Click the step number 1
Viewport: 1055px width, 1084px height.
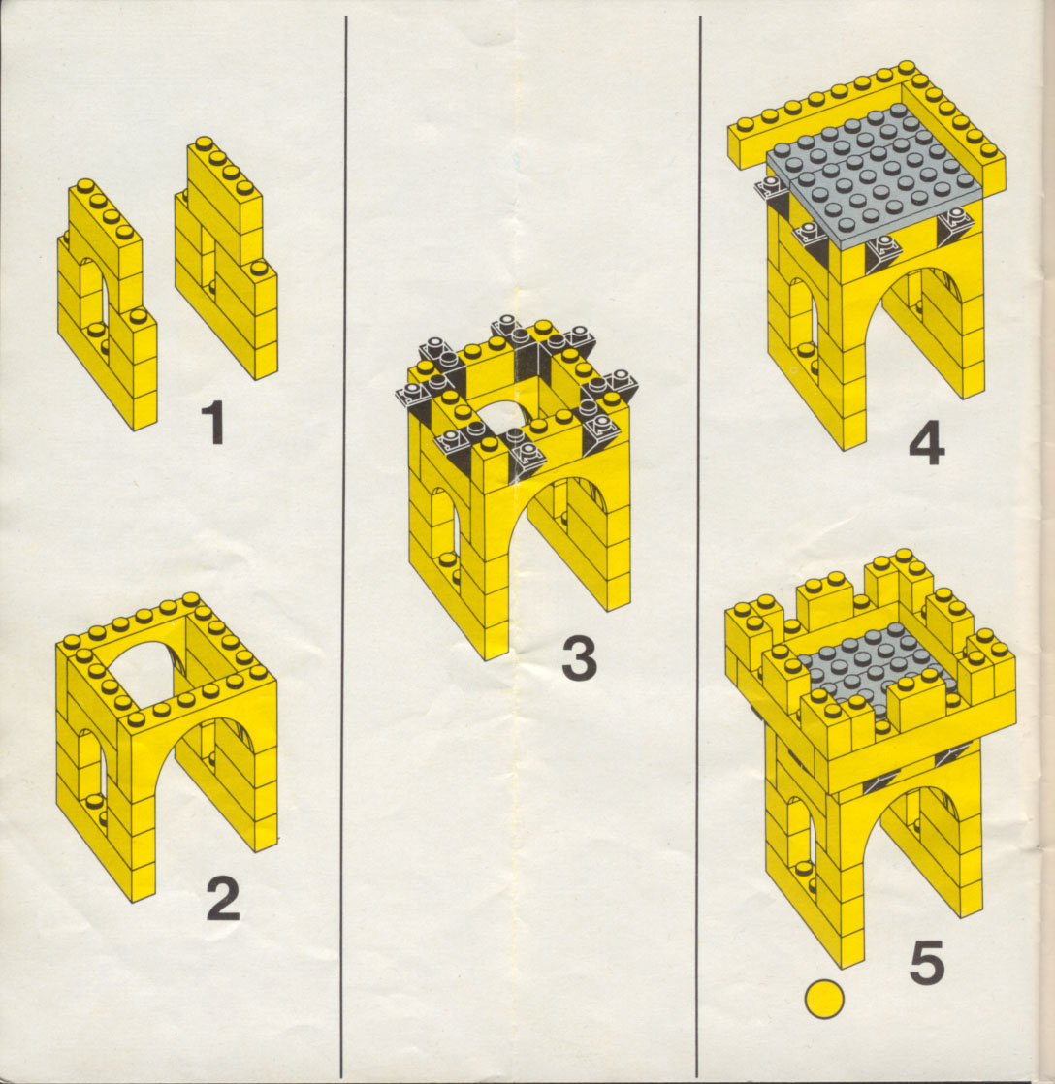click(x=214, y=423)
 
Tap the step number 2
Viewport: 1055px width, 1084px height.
click(x=223, y=899)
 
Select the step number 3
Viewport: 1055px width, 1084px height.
click(x=579, y=658)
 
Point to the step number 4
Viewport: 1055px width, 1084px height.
click(x=926, y=445)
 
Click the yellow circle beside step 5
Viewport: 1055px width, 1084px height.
click(x=825, y=999)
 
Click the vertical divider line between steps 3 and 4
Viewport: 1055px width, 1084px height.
click(x=699, y=546)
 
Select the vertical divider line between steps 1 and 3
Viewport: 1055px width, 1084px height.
click(x=343, y=546)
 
